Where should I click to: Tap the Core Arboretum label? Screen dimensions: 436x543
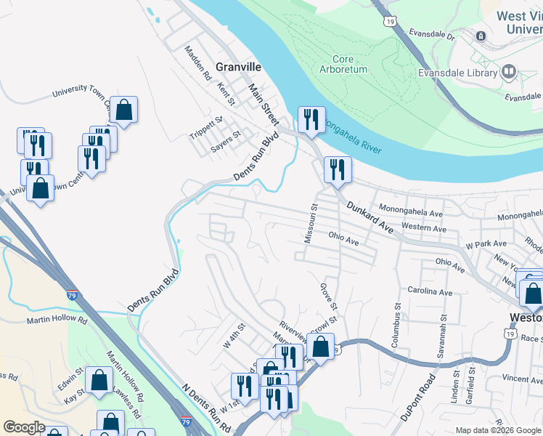point(343,64)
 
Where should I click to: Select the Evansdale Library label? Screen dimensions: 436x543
point(457,72)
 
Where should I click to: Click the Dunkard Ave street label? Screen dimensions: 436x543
point(369,217)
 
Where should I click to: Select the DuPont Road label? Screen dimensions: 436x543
point(418,397)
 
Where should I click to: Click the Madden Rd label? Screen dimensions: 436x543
point(197,63)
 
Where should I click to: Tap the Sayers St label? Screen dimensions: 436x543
point(226,140)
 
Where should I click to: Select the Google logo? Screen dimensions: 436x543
point(23,427)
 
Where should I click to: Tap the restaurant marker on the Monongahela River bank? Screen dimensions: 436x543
point(311,119)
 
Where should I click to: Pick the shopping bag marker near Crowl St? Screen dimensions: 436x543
point(320,346)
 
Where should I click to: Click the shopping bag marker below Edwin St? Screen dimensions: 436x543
point(99,379)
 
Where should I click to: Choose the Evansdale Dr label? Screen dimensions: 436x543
point(431,35)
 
